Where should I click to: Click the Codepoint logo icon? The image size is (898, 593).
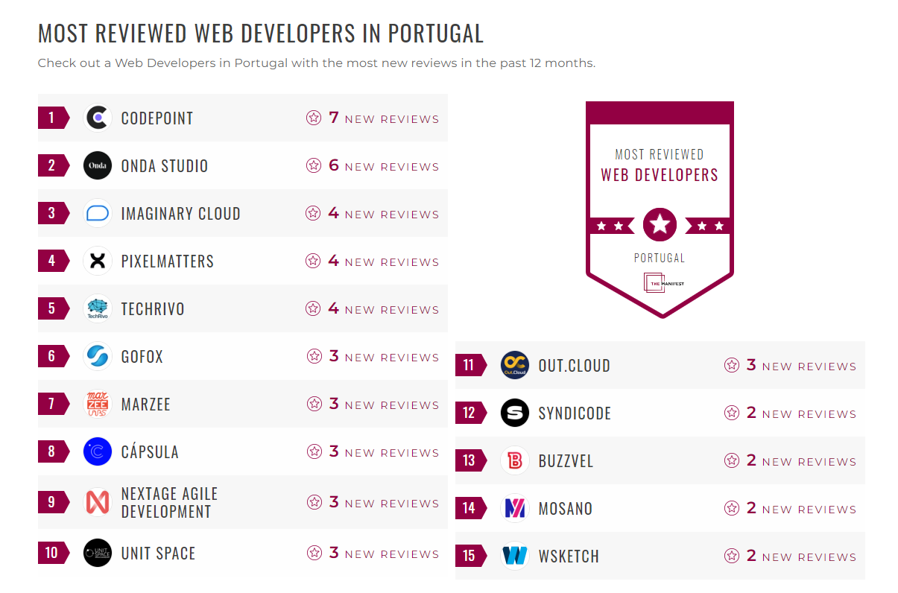[x=98, y=118]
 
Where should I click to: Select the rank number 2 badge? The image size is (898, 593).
[x=52, y=165]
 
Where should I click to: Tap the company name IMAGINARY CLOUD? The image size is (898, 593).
[x=180, y=214]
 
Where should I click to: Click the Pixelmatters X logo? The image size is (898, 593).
[x=98, y=261]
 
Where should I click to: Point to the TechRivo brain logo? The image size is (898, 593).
[x=98, y=308]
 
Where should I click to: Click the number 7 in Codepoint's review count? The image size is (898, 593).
[x=333, y=118]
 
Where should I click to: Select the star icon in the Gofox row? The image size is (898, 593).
[x=314, y=356]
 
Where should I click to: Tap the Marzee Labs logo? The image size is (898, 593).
[x=98, y=404]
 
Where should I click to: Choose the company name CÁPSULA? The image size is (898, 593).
[x=150, y=451]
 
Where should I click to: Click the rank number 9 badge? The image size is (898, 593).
[x=52, y=502]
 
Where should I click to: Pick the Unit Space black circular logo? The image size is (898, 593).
[x=98, y=553]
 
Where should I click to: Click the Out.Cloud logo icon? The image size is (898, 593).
[x=515, y=365]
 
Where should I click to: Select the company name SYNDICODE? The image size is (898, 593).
[x=575, y=413]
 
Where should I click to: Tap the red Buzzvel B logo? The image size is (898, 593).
[x=515, y=460]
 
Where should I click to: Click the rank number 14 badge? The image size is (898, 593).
[x=469, y=508]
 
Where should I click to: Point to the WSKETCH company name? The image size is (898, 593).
[x=569, y=556]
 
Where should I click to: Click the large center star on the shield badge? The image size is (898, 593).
[x=660, y=224]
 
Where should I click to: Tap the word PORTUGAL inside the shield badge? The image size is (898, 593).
[x=660, y=258]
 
